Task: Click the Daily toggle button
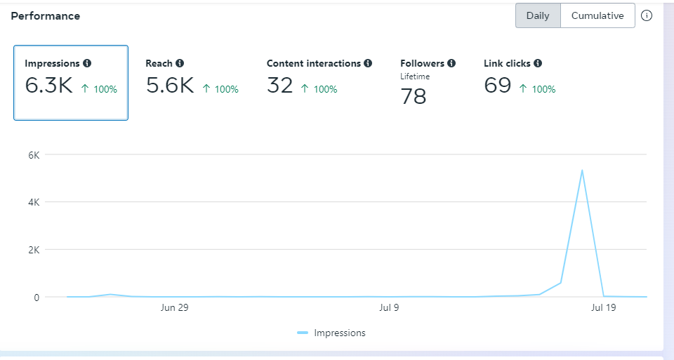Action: point(538,15)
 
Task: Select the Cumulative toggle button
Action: point(597,15)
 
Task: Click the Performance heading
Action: point(46,15)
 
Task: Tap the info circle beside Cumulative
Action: point(647,15)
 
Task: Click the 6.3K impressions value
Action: point(48,86)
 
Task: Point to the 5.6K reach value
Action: point(170,86)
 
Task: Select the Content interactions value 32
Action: point(280,86)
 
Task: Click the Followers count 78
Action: point(414,97)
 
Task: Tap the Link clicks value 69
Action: point(498,86)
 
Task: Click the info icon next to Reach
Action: point(180,63)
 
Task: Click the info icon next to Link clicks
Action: point(538,63)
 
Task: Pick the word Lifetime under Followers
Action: point(415,76)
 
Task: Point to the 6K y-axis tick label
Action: point(34,154)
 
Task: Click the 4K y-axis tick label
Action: point(34,202)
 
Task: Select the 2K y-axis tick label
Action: point(34,250)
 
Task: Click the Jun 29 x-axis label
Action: point(174,307)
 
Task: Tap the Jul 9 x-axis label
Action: point(388,307)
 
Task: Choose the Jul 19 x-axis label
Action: point(603,307)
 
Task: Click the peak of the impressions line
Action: point(582,170)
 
